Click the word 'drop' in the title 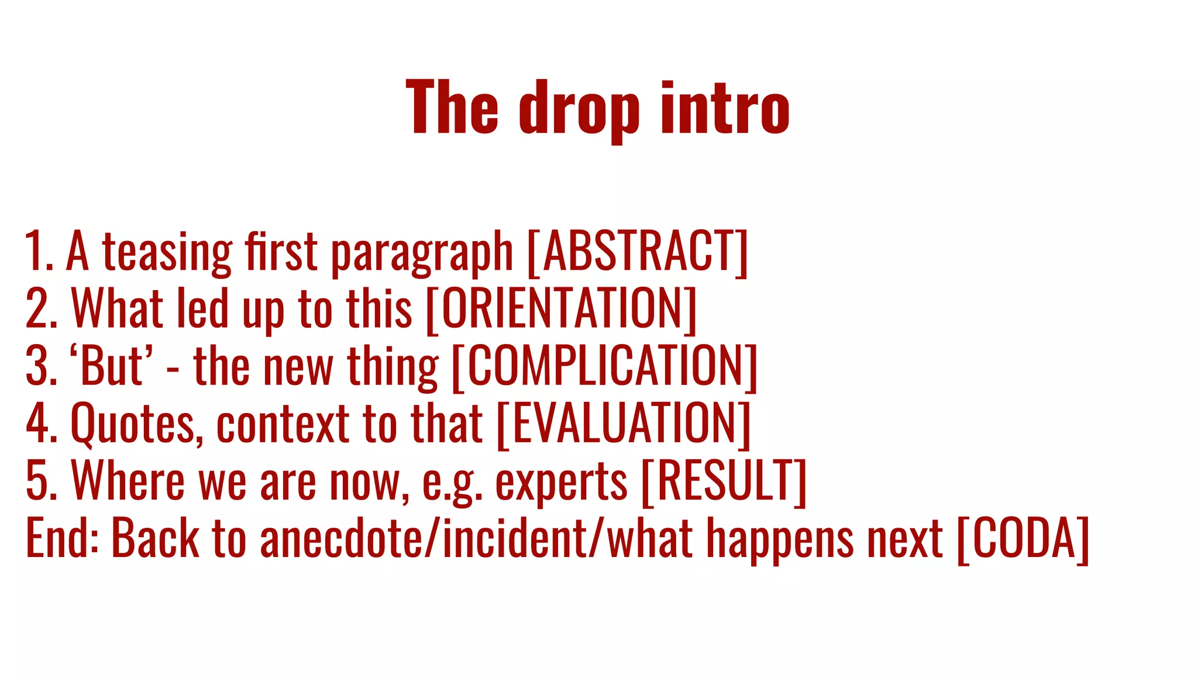579,110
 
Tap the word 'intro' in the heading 725,109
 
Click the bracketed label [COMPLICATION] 605,366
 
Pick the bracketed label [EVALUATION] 624,424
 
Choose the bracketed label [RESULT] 724,481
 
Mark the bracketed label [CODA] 1023,538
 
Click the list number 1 37,252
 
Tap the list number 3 40,366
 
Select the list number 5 40,481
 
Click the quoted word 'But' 111,366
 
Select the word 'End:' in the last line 61,538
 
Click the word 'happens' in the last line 780,539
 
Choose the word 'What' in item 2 117,309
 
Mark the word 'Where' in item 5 128,481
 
